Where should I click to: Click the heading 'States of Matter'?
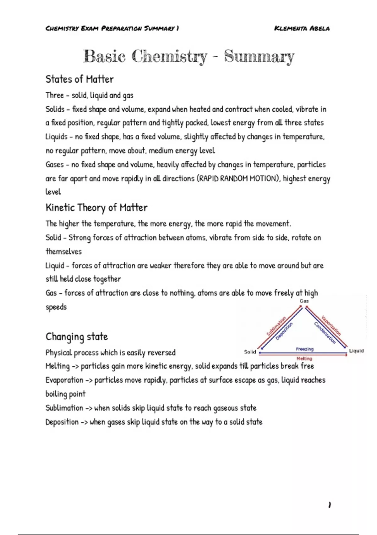tap(79, 79)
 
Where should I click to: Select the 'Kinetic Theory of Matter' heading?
tap(96, 208)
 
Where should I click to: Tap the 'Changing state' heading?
tap(77, 337)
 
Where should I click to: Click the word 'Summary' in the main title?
tap(259, 57)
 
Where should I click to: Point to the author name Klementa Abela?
tap(302, 28)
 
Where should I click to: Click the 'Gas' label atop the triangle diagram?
tap(304, 301)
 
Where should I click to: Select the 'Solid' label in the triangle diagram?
tap(250, 352)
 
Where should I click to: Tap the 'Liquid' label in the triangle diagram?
tap(356, 351)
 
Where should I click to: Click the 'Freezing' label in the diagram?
tap(304, 349)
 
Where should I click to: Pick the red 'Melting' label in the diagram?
tap(304, 358)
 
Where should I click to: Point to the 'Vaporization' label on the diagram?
tap(331, 325)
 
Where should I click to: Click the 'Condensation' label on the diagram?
tap(325, 333)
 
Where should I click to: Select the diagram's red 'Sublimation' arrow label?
tap(276, 326)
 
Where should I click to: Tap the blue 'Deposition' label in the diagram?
tap(284, 331)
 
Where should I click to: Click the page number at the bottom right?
tap(329, 505)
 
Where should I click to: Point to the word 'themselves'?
tap(64, 251)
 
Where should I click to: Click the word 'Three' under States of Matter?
tap(55, 95)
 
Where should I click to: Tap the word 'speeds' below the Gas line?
tap(56, 307)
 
